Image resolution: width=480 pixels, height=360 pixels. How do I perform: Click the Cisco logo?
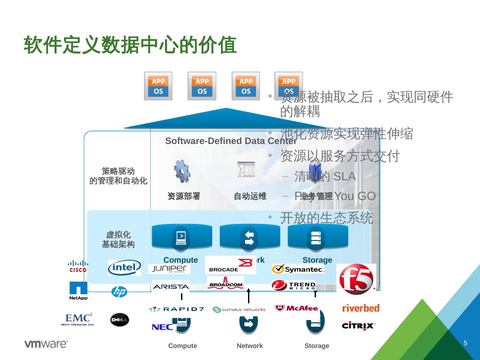(x=78, y=266)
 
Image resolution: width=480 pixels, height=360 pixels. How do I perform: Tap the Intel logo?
(x=124, y=268)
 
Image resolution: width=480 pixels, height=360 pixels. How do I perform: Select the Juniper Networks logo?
(x=169, y=269)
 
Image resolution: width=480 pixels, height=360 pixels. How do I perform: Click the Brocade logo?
(x=231, y=265)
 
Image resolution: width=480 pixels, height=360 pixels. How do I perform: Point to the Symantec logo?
(x=298, y=269)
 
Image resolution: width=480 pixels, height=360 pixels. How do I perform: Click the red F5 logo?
(x=356, y=279)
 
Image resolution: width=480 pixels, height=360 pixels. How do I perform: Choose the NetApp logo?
(x=79, y=291)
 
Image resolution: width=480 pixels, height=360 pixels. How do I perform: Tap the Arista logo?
(x=171, y=286)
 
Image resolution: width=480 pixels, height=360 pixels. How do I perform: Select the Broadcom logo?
(x=226, y=283)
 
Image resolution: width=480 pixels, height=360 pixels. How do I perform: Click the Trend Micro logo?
(x=294, y=286)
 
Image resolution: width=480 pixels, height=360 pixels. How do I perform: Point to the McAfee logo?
(x=296, y=308)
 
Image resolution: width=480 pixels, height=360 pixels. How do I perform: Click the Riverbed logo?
(x=361, y=308)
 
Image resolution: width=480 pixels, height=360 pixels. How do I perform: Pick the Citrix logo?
(x=358, y=325)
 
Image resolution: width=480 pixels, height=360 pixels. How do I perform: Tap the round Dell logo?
(x=119, y=320)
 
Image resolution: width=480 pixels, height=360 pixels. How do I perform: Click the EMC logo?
(x=78, y=319)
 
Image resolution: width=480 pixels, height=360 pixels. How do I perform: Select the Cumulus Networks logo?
(x=239, y=310)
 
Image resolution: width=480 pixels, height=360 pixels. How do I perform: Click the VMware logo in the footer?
(x=46, y=344)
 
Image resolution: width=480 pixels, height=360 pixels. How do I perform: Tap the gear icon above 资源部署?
(x=182, y=171)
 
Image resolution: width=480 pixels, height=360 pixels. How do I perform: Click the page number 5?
(x=465, y=343)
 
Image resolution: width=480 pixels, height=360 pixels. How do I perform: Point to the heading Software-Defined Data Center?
(x=231, y=141)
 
